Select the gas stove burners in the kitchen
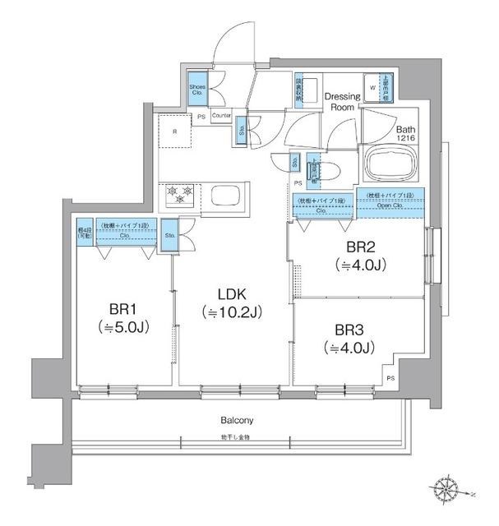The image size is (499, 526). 180,195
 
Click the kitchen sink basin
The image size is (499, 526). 225,197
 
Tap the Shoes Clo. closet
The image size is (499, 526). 198,90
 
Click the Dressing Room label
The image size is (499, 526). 343,101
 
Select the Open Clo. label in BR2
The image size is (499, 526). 390,205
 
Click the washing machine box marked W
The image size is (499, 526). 372,86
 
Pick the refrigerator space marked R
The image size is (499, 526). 174,131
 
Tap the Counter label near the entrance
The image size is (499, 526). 221,117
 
